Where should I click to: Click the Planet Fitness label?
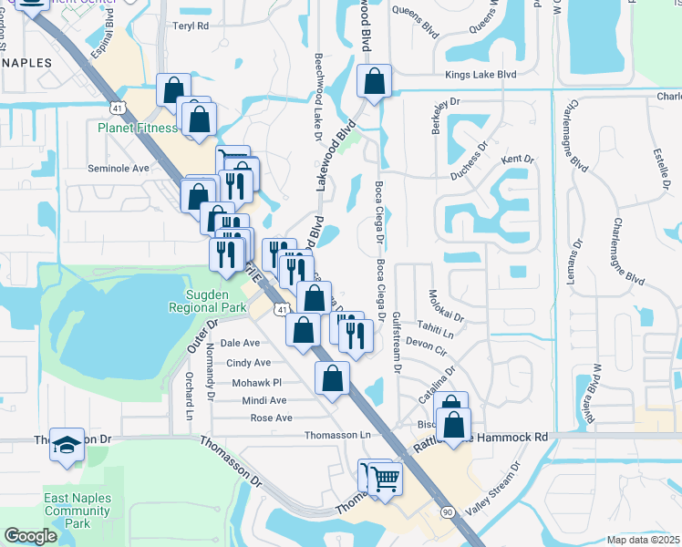(x=138, y=128)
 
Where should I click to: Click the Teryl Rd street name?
(x=191, y=26)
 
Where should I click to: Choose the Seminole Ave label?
(x=118, y=169)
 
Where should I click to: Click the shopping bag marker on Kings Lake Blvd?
(x=374, y=81)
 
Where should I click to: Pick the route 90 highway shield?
(x=447, y=514)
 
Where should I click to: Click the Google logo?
(x=30, y=536)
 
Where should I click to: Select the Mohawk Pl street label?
(x=257, y=383)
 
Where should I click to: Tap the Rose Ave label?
(x=271, y=418)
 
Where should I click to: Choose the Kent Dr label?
(x=518, y=160)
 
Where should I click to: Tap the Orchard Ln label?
(x=190, y=390)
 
